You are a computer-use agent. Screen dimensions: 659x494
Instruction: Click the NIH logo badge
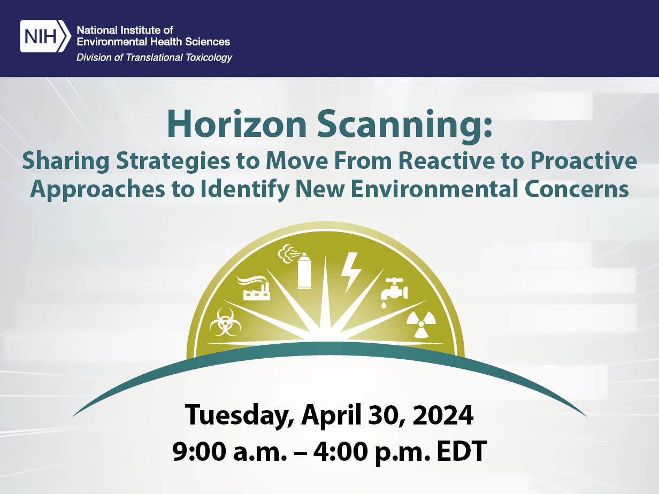pos(45,36)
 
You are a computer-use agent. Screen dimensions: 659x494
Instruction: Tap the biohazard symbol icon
pos(225,322)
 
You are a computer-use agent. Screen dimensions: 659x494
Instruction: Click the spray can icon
pos(295,266)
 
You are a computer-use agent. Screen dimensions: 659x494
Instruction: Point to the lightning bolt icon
pos(350,272)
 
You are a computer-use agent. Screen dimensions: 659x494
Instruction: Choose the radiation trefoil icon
pos(421,324)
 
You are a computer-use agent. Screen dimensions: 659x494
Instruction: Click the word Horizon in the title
pos(237,124)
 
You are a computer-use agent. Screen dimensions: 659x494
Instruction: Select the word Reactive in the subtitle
pos(447,161)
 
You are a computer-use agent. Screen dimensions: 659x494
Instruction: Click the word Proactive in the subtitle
pos(584,161)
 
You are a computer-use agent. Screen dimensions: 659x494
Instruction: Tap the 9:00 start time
pos(199,451)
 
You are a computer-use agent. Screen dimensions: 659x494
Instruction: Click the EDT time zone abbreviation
pos(462,451)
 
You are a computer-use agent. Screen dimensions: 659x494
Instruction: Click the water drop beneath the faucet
pos(384,305)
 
